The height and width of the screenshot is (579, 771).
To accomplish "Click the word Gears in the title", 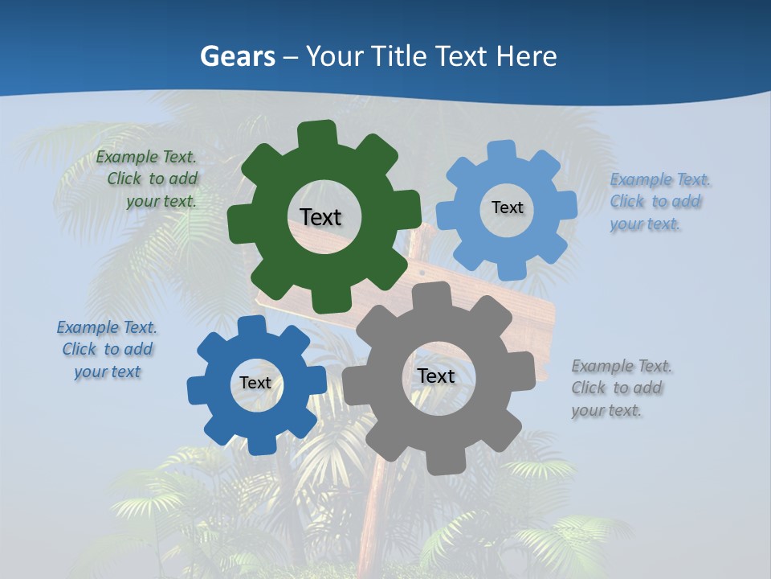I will [236, 56].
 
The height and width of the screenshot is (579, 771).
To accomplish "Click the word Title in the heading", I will [402, 56].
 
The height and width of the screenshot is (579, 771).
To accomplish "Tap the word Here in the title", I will [527, 56].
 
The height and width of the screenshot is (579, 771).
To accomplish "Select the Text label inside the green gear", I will [320, 217].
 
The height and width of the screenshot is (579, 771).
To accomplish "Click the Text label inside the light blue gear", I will [507, 207].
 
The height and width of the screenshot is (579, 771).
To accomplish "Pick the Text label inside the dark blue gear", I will [255, 383].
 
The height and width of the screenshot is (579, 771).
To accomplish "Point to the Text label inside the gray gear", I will [436, 376].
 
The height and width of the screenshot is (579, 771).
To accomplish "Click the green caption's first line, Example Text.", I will [146, 158].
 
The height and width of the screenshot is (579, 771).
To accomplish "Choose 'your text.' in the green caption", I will [161, 202].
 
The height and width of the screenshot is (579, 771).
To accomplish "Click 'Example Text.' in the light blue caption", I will [660, 179].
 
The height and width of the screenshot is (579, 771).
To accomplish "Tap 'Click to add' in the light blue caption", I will [655, 201].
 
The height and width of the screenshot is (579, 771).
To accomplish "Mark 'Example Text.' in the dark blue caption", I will [107, 327].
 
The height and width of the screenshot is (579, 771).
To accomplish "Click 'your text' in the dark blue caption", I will [108, 372].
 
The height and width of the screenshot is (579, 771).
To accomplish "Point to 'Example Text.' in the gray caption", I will [622, 367].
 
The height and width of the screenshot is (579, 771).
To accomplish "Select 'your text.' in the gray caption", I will [606, 410].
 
